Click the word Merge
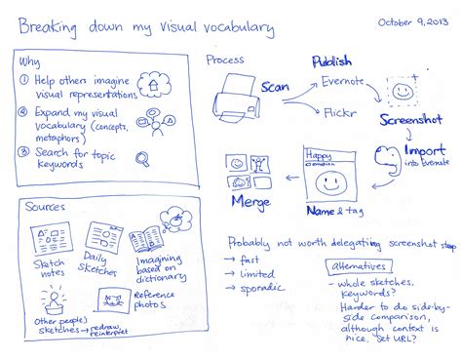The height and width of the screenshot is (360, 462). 250,200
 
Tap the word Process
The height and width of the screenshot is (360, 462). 225,60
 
